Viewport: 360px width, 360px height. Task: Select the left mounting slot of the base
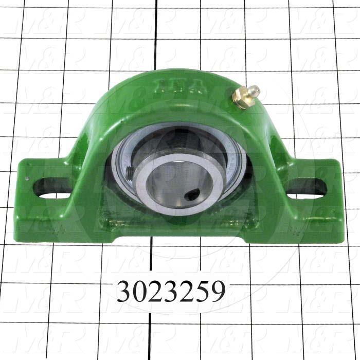pos(51,188)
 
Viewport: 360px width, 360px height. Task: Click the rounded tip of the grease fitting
pos(253,91)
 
